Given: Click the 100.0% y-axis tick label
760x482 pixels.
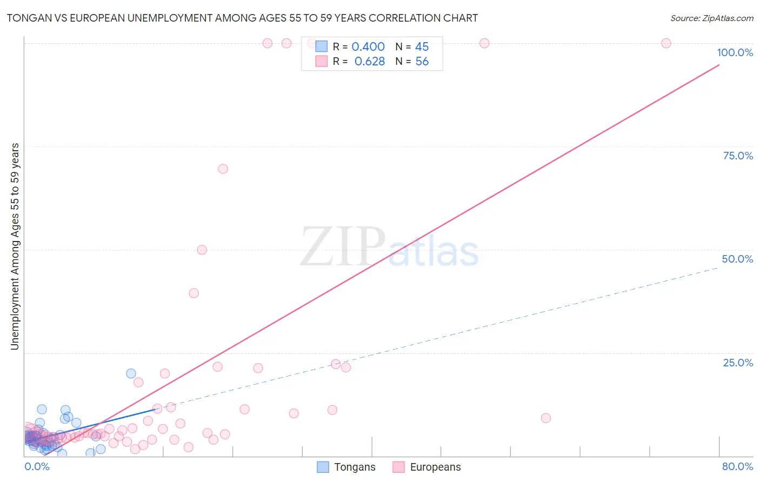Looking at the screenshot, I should [735, 52].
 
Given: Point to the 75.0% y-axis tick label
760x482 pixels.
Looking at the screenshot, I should [738, 156].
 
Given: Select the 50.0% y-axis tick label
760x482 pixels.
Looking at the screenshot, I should [737, 259].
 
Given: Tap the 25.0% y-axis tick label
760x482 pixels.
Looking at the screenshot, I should [738, 363].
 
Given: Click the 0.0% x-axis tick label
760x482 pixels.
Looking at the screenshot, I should [37, 466].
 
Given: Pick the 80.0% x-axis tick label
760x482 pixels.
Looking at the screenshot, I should [737, 466].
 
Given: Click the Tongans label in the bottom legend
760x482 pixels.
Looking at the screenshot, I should [355, 467].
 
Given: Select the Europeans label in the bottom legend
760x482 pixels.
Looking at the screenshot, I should [435, 467].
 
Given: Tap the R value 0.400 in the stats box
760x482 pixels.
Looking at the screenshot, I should [368, 47].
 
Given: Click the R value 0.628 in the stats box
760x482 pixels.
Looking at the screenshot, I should [369, 62].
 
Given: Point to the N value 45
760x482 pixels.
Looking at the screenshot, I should [422, 47].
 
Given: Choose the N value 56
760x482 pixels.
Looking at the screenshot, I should [422, 62].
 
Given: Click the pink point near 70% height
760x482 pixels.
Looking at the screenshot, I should [223, 169].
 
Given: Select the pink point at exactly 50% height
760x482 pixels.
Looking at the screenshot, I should [202, 250].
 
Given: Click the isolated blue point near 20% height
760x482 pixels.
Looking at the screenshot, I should [131, 373].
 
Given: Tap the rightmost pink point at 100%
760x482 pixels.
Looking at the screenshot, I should [666, 43].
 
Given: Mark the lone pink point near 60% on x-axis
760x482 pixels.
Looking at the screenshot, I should [545, 418].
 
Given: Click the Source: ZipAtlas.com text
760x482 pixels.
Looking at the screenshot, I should [711, 18].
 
